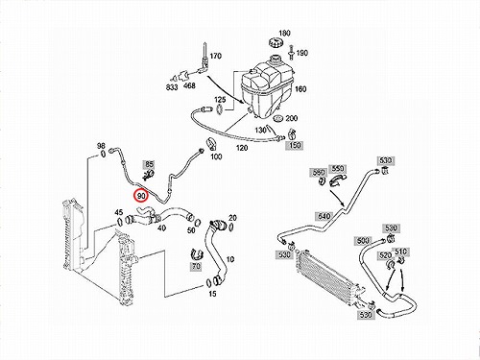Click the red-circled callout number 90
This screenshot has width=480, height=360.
click(x=141, y=195)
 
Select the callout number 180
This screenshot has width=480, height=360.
click(x=284, y=33)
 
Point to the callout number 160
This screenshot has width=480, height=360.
click(x=300, y=88)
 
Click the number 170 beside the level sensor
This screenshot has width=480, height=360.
click(x=216, y=56)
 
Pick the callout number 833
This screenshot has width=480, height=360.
click(x=172, y=86)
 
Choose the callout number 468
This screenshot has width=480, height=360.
click(x=189, y=85)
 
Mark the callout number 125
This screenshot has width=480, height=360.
click(x=220, y=100)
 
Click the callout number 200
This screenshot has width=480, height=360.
click(x=291, y=118)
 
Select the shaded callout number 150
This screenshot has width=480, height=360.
click(x=295, y=145)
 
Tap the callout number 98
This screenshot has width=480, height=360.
click(x=101, y=146)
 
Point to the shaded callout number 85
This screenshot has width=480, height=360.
click(x=150, y=164)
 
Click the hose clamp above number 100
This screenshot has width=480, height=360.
click(x=210, y=143)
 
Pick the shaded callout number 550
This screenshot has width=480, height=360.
click(x=338, y=168)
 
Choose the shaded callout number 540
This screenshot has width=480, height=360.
click(x=324, y=216)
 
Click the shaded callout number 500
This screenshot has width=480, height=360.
click(x=363, y=241)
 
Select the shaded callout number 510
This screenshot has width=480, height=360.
click(x=400, y=252)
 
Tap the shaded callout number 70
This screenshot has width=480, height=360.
click(x=196, y=266)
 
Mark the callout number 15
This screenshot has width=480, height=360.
click(x=212, y=293)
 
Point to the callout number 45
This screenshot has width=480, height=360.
click(x=119, y=212)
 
